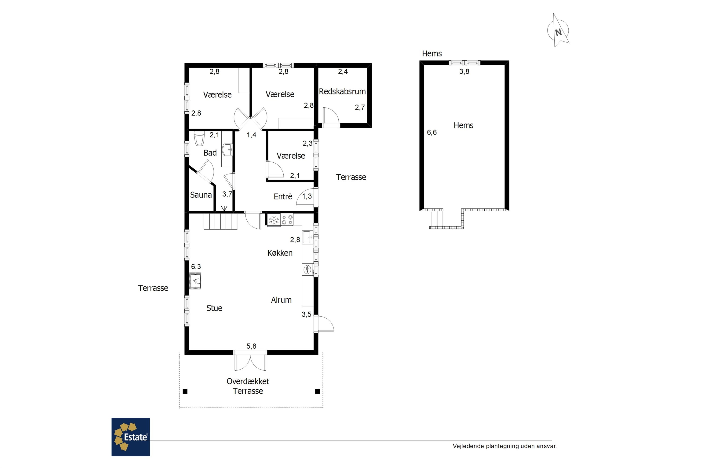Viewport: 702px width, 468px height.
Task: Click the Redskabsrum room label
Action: pyautogui.click(x=342, y=91)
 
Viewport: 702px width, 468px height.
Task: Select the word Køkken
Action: pyautogui.click(x=280, y=253)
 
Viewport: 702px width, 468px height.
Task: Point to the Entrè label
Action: pyautogui.click(x=283, y=196)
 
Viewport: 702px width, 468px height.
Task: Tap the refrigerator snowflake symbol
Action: pyautogui.click(x=274, y=220)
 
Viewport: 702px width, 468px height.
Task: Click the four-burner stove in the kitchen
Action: pyautogui.click(x=287, y=220)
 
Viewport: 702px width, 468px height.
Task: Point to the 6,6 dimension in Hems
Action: pyautogui.click(x=431, y=132)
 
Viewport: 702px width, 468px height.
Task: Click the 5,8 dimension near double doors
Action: pyautogui.click(x=251, y=346)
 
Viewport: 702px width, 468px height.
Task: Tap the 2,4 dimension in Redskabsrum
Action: pyautogui.click(x=343, y=71)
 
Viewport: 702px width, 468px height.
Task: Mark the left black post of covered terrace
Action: pyautogui.click(x=185, y=391)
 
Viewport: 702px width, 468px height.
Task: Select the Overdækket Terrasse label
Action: pyautogui.click(x=248, y=386)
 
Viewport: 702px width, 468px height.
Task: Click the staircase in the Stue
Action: pyautogui.click(x=221, y=221)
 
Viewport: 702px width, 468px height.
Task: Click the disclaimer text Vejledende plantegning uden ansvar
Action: pyautogui.click(x=505, y=446)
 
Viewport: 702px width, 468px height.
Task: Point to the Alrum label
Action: pyautogui.click(x=281, y=300)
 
